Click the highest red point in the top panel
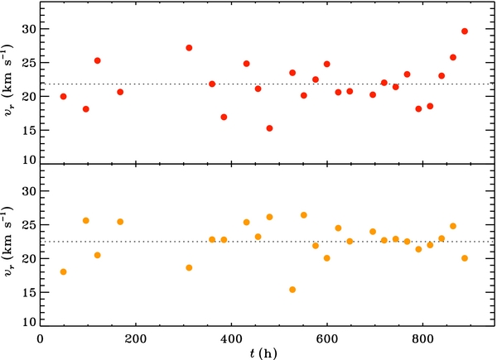[465, 31]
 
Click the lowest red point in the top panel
[270, 128]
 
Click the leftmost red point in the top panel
[63, 97]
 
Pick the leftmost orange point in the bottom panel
[63, 272]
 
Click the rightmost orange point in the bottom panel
[465, 258]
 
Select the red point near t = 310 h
[189, 48]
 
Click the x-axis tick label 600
[327, 338]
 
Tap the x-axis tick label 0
[41, 338]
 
